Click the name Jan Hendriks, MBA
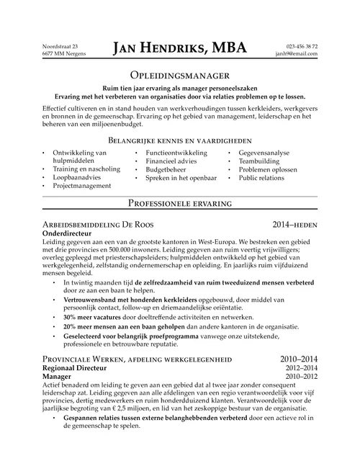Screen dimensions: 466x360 point(179,48)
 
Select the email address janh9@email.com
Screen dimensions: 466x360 point(297,54)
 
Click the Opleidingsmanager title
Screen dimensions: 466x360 point(180,75)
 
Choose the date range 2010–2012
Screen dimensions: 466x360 point(301,376)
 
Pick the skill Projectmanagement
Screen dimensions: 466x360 point(82,185)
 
